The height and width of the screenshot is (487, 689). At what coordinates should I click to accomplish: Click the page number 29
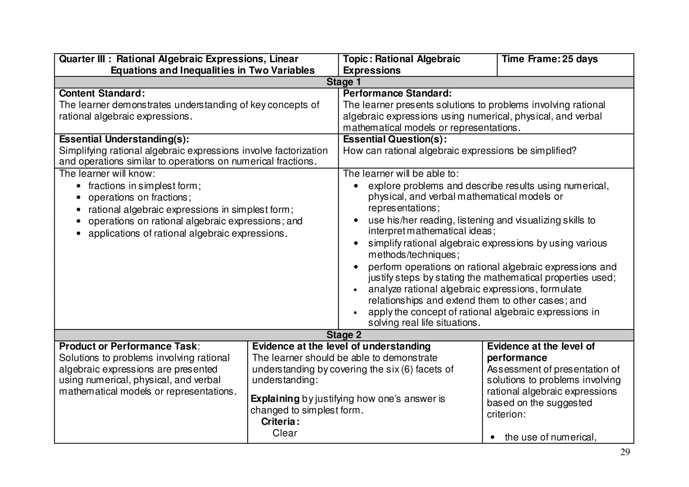tap(625, 452)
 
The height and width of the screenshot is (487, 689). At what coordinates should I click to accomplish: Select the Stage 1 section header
tap(343, 82)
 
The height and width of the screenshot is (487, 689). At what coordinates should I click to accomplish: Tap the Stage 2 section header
tap(343, 335)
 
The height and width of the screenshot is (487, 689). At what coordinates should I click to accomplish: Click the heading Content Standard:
tap(102, 94)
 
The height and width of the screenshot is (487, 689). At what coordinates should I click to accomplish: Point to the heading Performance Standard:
tap(397, 94)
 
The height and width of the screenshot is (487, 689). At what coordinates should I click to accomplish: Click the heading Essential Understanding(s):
tap(124, 139)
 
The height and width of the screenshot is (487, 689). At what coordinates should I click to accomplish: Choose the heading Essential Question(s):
tap(395, 139)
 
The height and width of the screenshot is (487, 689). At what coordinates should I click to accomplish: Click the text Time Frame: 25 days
tap(549, 59)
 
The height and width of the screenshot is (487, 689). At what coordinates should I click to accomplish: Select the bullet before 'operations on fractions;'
tap(78, 198)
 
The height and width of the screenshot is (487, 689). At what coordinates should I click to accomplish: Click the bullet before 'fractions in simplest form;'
tap(78, 186)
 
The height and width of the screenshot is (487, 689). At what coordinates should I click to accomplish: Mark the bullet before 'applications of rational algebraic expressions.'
tap(78, 234)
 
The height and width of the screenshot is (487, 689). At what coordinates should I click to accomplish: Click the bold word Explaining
tap(275, 399)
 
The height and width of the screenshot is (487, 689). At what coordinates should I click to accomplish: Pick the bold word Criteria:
tap(280, 422)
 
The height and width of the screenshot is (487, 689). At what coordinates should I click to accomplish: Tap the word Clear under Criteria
tap(285, 433)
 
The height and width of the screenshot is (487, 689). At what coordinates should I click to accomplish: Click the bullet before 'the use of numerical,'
tap(493, 438)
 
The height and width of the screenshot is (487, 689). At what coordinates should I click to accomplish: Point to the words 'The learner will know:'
tap(107, 174)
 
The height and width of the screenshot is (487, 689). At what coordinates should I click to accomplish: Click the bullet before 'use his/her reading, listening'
tap(356, 221)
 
